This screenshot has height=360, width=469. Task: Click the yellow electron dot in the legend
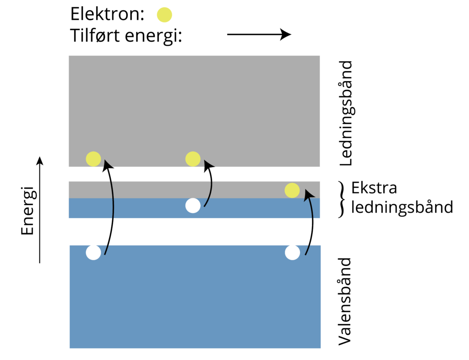coord(164,15)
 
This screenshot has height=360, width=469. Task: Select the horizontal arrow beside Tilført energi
coord(259,34)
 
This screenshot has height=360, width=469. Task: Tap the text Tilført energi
coord(126,35)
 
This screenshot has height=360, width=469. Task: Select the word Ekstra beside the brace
coord(374,188)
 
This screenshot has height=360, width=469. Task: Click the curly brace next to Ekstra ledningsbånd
coord(340,199)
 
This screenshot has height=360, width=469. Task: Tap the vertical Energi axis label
coord(28,210)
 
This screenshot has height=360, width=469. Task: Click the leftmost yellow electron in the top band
coord(93,159)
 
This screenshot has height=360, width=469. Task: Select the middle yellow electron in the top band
coord(193,159)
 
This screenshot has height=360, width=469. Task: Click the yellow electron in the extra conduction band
coord(292,190)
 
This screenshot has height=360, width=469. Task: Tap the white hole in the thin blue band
coord(193,206)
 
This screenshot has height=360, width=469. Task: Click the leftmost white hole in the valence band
coord(93,252)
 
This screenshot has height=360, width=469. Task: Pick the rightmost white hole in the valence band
coord(292,252)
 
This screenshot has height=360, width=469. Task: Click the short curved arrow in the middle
coord(211,183)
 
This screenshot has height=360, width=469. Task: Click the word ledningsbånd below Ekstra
coord(402,207)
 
